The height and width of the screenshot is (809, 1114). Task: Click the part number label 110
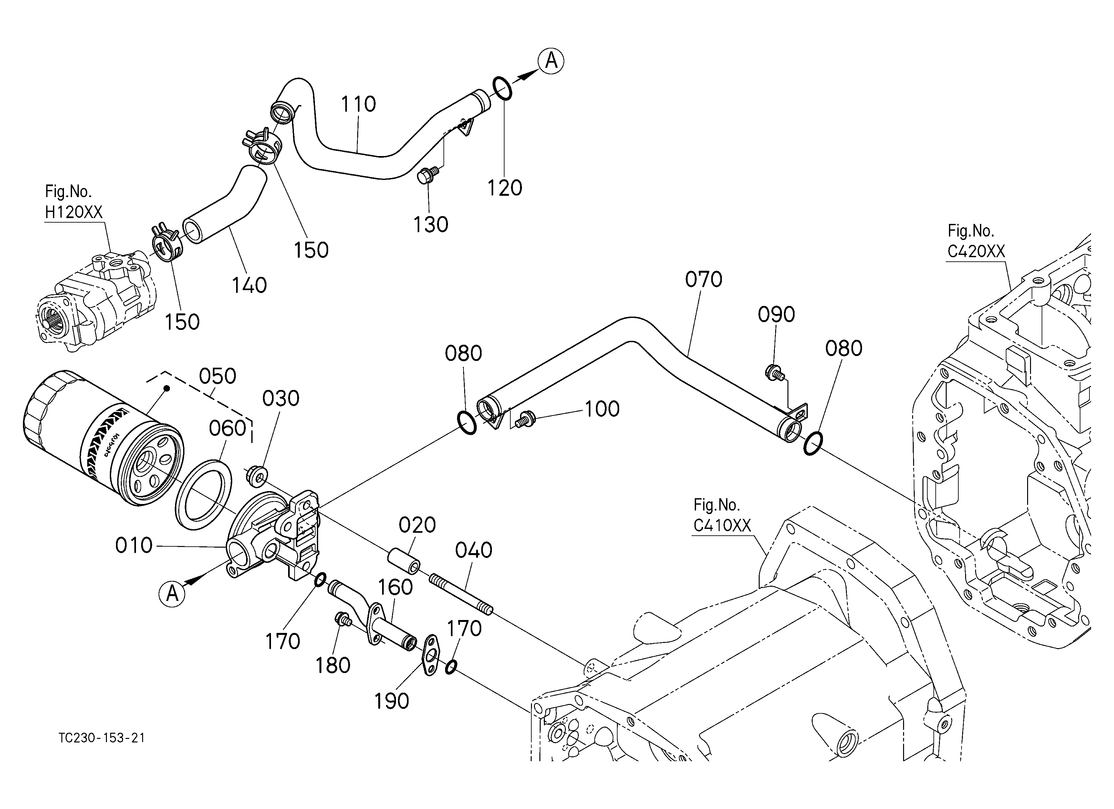point(359,104)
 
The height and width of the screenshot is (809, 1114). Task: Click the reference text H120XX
point(74,212)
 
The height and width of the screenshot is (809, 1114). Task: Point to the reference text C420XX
point(976,251)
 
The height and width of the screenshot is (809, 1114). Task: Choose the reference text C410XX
point(722,526)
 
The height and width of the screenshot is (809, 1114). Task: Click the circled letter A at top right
point(551,61)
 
